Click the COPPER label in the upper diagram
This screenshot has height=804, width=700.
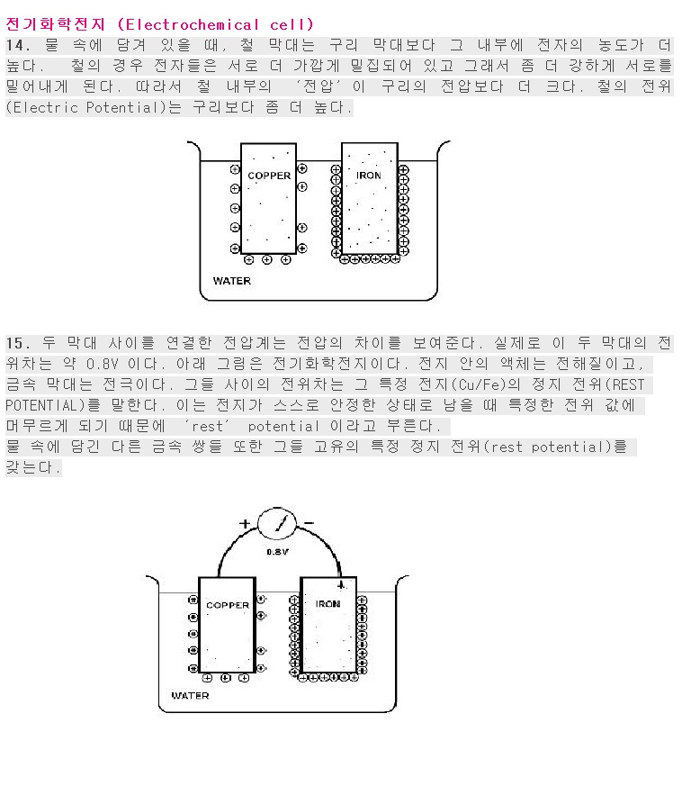tap(269, 176)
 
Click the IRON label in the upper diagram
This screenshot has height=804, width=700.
tap(369, 176)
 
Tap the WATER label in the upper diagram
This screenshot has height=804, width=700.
tap(232, 281)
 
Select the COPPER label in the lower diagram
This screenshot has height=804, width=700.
tap(228, 605)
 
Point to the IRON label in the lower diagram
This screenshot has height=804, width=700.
tap(328, 604)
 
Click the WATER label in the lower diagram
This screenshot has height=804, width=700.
tap(190, 696)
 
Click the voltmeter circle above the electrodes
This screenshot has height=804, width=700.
tap(277, 523)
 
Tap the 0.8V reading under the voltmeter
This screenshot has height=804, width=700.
tap(277, 552)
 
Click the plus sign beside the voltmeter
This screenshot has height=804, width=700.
tap(245, 523)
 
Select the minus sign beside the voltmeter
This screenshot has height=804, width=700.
tap(309, 523)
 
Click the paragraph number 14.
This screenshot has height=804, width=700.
tap(18, 45)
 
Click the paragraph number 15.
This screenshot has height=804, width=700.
tap(18, 343)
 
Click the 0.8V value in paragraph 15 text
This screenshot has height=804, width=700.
tap(103, 364)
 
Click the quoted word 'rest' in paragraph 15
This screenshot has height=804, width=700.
tap(208, 426)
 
